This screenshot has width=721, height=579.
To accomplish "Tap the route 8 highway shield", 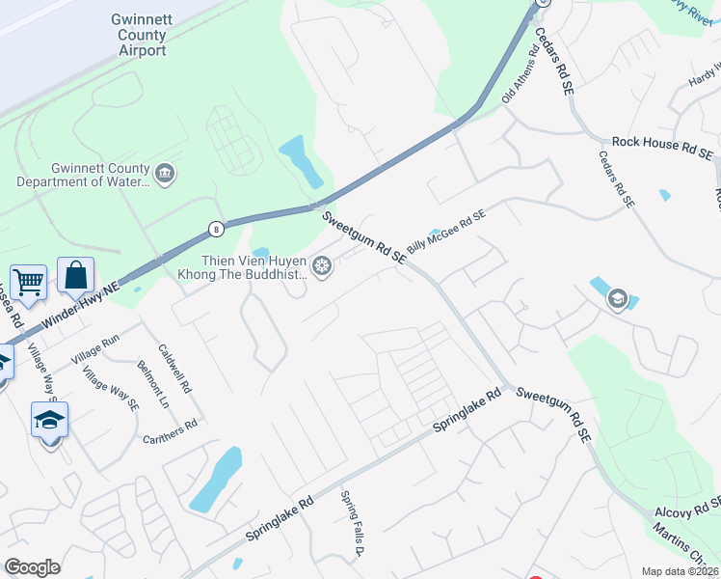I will click(x=215, y=229).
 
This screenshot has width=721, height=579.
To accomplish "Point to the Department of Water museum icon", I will click(x=165, y=174).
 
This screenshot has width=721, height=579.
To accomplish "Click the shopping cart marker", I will click(x=29, y=283).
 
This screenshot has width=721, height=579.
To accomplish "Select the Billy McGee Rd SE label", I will click(x=445, y=234).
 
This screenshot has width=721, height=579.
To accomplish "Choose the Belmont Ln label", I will click(x=147, y=384).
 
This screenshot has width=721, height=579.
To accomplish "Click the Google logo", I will click(x=32, y=567).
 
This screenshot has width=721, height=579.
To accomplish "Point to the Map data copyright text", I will click(x=680, y=571).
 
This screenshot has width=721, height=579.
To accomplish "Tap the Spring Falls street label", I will click(x=351, y=524).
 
